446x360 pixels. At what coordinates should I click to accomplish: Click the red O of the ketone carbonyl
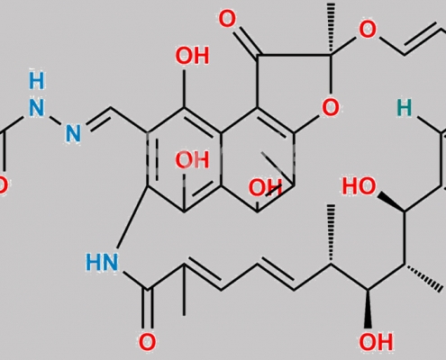227,19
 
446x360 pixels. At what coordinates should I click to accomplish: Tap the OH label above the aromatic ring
192,56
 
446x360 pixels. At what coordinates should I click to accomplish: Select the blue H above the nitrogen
37,81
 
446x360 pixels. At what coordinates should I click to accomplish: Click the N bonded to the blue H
37,108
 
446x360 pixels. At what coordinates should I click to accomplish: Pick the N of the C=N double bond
73,133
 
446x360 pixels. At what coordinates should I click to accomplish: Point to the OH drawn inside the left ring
192,160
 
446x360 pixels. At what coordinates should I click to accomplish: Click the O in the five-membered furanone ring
331,107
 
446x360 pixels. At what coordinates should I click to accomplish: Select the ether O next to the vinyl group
368,30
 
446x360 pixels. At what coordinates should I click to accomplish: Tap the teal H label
405,108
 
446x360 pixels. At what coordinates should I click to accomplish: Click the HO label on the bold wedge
360,186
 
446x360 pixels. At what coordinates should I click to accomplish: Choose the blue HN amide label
102,263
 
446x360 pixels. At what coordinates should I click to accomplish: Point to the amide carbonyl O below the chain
147,342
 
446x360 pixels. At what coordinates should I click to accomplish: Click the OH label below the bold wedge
376,342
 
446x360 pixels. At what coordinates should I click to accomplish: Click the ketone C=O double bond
246,42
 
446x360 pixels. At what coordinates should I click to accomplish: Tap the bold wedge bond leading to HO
391,202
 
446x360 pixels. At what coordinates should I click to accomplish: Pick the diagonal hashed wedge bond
423,278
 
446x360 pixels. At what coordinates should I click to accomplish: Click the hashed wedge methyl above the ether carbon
331,29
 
